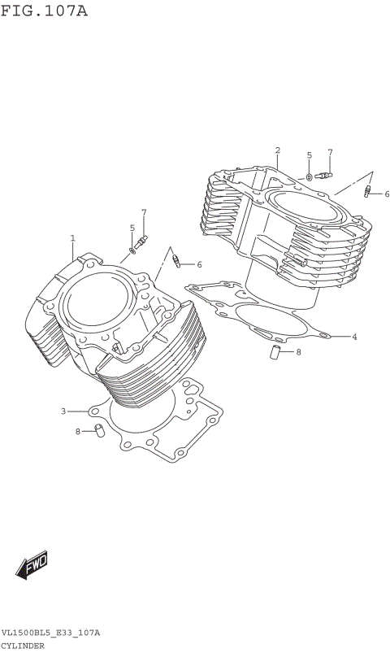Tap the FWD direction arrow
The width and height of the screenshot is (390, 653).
point(32,564)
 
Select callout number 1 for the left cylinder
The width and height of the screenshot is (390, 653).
point(72,238)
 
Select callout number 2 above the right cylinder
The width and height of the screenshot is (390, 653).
point(277,150)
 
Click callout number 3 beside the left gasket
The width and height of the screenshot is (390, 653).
point(63,411)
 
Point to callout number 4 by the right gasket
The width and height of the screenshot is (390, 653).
point(354,336)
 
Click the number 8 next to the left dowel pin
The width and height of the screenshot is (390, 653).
point(78,431)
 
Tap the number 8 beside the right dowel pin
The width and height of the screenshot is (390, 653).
point(298,352)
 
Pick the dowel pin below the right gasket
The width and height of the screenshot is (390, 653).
point(275,351)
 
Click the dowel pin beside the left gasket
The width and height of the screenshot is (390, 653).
point(97,429)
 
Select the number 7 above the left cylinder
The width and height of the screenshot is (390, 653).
point(144,213)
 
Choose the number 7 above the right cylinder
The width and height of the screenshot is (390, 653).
point(330,152)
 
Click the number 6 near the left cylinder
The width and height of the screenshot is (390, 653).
point(199,264)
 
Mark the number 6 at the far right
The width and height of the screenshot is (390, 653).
point(387,194)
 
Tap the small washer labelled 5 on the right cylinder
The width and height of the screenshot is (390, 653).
point(310,176)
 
